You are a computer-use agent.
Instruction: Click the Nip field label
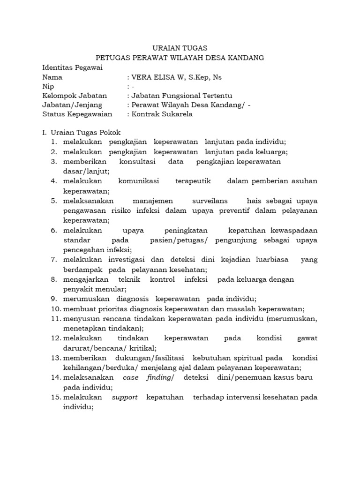click(48, 87)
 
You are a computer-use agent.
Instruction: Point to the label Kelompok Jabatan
click(75, 96)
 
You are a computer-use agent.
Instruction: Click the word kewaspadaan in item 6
click(295, 231)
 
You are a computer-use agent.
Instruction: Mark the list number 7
click(54, 260)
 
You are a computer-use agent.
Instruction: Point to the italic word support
click(125, 397)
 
